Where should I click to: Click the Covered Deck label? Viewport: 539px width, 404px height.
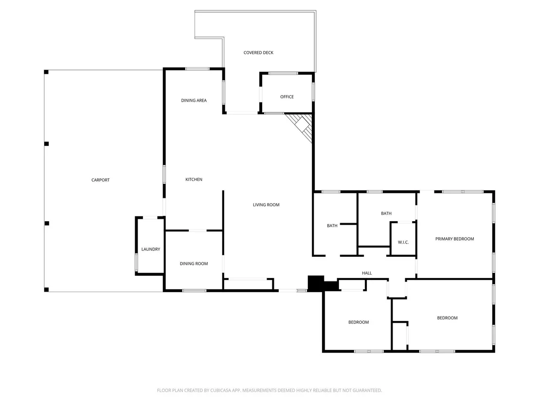tap(258, 53)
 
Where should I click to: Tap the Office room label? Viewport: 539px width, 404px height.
tap(287, 97)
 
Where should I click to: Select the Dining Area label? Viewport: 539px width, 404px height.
tap(194, 100)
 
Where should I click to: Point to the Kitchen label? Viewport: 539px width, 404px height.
tap(194, 179)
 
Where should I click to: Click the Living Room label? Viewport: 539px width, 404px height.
tap(266, 205)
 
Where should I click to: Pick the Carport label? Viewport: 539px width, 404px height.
tap(100, 180)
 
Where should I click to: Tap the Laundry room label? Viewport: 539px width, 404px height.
tap(151, 249)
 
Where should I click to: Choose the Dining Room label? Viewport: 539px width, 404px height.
tap(194, 263)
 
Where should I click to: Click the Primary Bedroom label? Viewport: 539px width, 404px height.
tap(454, 239)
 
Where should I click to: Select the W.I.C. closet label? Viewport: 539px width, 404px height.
tap(403, 242)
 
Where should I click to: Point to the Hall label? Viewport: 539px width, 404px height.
tap(367, 273)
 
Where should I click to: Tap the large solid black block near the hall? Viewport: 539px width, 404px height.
tap(316, 283)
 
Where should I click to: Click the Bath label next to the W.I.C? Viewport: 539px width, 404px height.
tap(386, 213)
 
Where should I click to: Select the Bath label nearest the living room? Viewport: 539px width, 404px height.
tap(332, 226)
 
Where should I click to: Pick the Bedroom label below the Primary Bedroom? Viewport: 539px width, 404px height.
tap(447, 318)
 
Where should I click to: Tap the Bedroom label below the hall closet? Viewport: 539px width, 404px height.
tap(359, 322)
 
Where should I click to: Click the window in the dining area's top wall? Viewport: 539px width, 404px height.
tap(198, 69)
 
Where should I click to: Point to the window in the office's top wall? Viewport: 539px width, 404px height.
tap(283, 73)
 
